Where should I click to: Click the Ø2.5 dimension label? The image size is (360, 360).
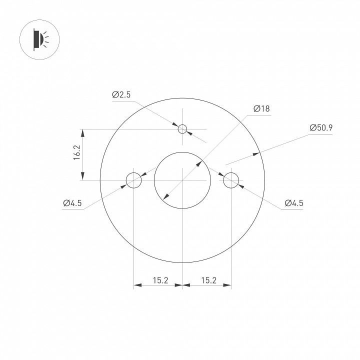coord(121,94)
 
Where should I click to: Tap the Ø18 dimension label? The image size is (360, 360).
coord(261,108)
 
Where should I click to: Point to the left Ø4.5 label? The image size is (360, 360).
coord(72,202)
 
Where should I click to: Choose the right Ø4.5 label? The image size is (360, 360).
coord(294,202)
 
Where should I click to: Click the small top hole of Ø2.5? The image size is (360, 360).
coord(182,129)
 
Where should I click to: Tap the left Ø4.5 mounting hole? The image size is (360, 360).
coord(134,180)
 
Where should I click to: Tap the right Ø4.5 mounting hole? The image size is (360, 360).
coord(231,180)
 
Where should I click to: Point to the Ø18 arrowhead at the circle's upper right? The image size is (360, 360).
coord(200,162)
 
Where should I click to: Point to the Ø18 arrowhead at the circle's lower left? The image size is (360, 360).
coord(165,197)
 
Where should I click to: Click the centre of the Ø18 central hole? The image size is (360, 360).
coord(182,180)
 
